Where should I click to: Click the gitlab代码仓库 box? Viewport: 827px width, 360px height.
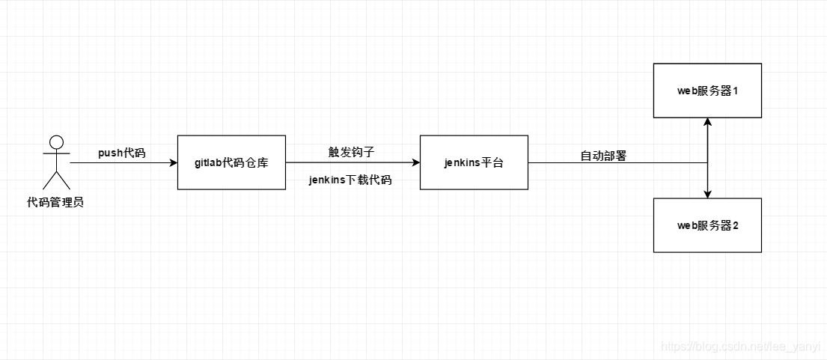tap(231, 162)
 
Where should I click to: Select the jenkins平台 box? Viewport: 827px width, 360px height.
tap(474, 162)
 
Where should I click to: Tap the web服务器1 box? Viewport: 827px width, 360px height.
tap(707, 91)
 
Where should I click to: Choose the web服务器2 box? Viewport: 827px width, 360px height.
tap(707, 225)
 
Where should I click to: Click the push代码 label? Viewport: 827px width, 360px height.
tap(122, 153)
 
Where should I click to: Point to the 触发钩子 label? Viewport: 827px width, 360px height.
tap(351, 152)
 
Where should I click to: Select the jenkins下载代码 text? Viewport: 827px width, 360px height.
tap(350, 180)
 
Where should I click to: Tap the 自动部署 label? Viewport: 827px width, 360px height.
tap(603, 156)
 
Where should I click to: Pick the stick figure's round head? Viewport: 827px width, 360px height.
tap(56, 142)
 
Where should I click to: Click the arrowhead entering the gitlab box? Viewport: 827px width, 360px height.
tap(173, 162)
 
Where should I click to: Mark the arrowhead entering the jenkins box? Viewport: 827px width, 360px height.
tap(415, 162)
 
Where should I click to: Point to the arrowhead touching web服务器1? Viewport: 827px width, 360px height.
tap(707, 122)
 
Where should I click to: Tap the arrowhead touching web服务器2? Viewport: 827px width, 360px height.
tap(707, 194)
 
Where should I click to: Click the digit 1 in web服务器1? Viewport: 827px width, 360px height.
tap(736, 91)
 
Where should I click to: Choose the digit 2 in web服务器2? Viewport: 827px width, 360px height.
tap(736, 225)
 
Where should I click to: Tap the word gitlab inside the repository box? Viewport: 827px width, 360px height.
tap(208, 162)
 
